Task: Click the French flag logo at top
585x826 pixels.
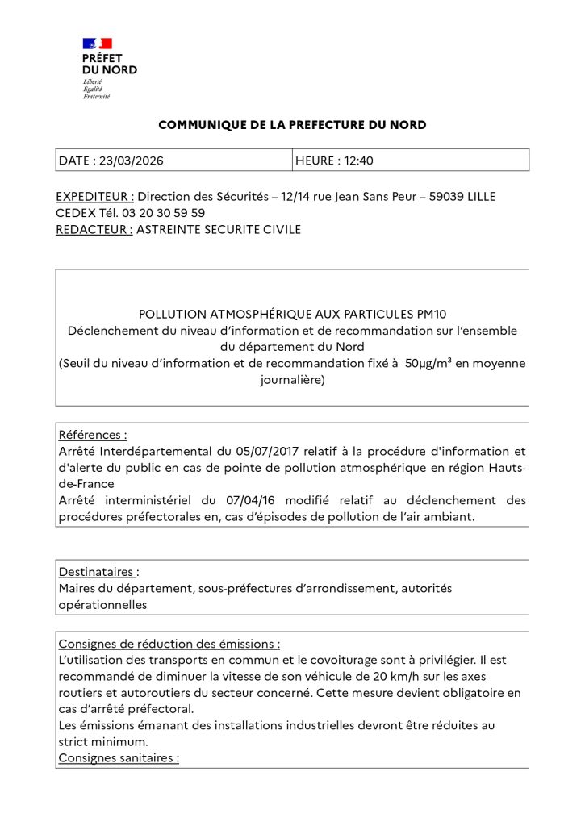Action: click(97, 44)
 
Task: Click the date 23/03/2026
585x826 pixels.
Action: click(132, 161)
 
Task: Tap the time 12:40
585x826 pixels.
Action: click(358, 161)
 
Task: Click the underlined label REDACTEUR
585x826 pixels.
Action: click(94, 229)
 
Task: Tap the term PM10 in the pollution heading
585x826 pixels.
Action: click(452, 314)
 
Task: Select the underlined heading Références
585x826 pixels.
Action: click(92, 435)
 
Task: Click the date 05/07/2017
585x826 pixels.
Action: click(251, 451)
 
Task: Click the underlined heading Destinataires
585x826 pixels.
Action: click(96, 572)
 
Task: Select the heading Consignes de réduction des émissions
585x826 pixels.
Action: click(169, 644)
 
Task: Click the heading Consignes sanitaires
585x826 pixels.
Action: click(118, 758)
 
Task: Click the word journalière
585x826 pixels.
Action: click(292, 379)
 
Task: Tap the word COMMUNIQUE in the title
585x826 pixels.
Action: click(196, 125)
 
